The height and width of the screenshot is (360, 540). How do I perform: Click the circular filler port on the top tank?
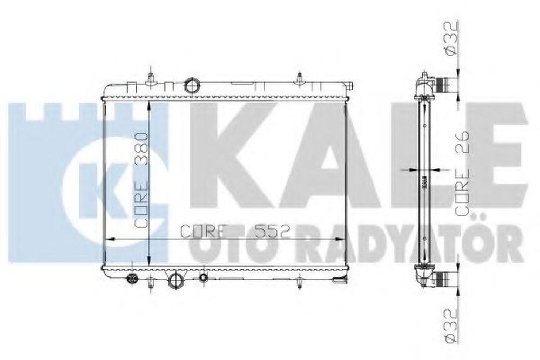[x=192, y=85]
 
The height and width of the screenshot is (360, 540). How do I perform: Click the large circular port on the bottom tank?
[x=176, y=281]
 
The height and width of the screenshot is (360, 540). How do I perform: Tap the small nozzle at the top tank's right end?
[x=349, y=85]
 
